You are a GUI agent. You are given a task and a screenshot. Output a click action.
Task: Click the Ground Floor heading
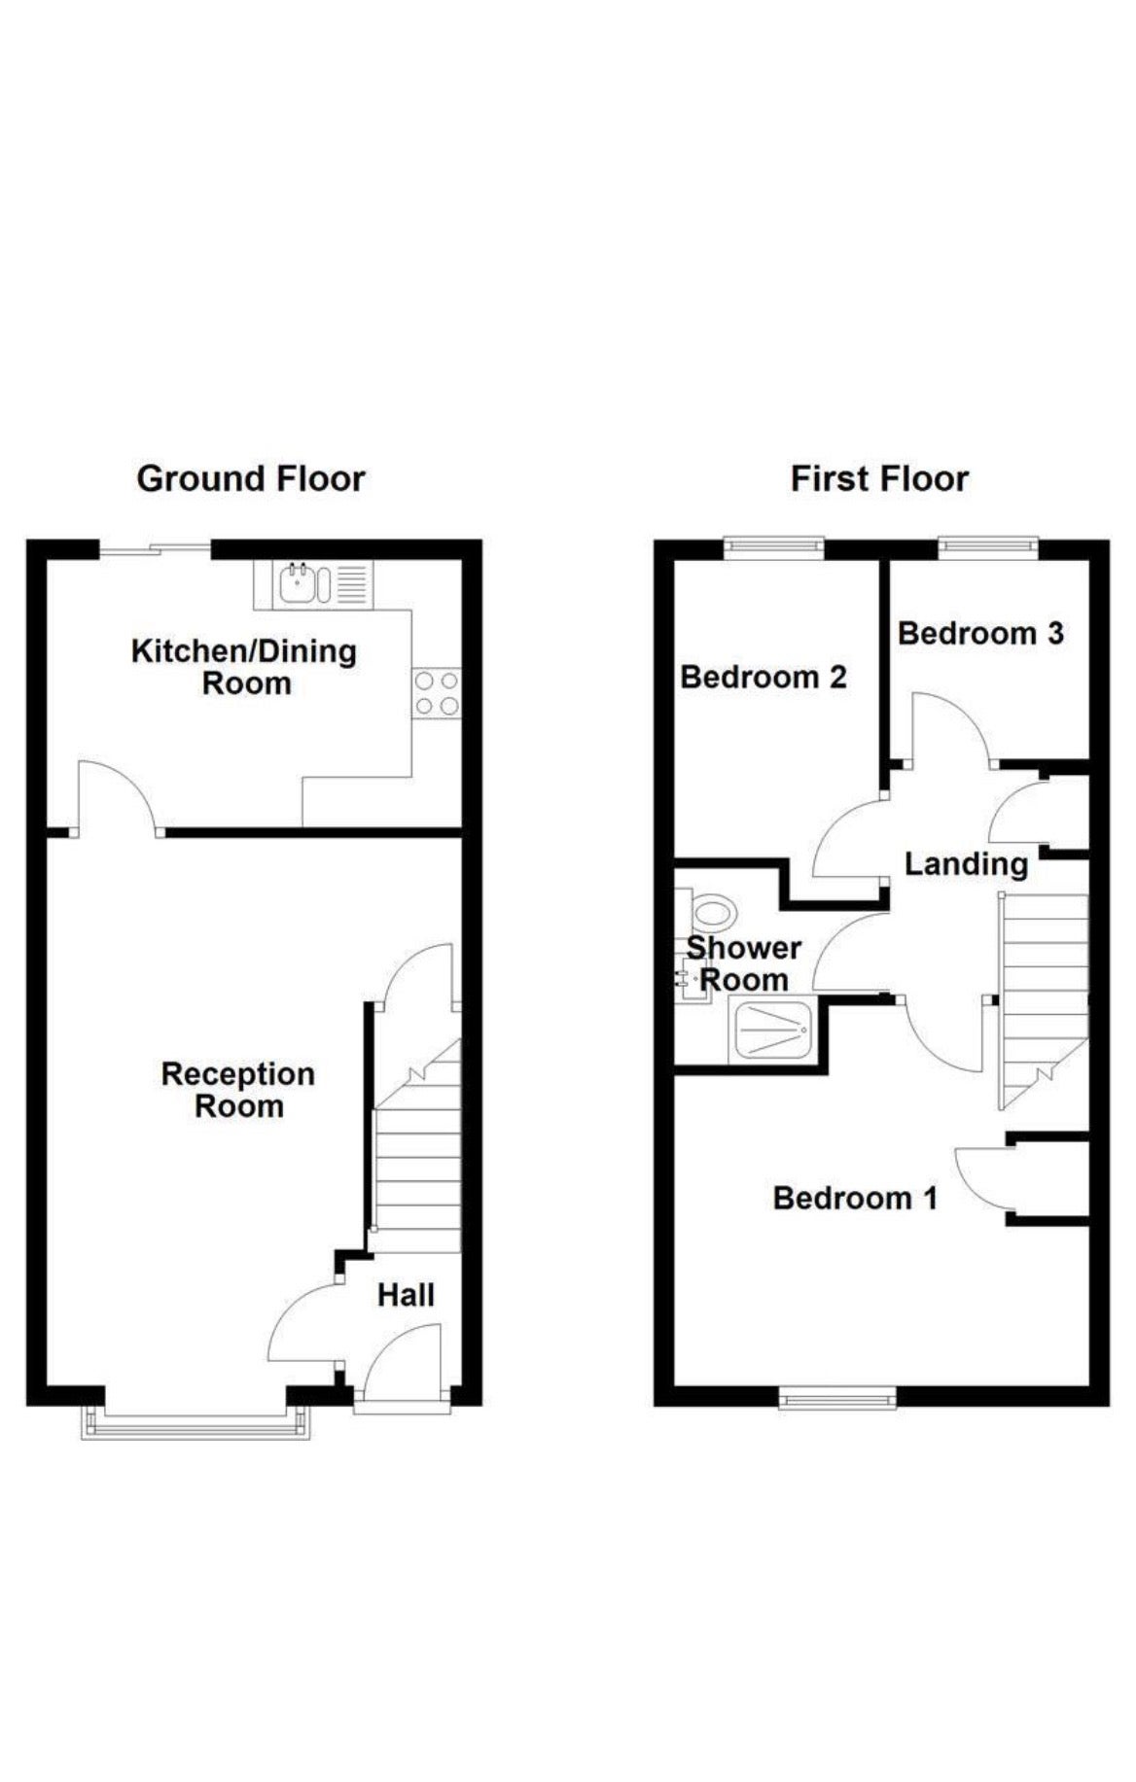(251, 478)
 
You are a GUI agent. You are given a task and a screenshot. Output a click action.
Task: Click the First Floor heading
(879, 478)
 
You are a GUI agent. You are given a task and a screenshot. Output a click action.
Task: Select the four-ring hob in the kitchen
(437, 693)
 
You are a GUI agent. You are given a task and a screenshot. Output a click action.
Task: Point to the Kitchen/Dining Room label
(244, 667)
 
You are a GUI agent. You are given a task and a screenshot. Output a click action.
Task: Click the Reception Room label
(238, 1090)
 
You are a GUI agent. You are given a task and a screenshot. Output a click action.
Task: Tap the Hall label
(406, 1295)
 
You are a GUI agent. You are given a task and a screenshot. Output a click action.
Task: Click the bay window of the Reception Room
(196, 1420)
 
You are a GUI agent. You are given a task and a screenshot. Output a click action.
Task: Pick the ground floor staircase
(417, 1147)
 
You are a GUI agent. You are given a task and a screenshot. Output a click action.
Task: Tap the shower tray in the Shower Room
(773, 1031)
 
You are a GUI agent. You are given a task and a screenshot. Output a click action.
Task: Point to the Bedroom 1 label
(855, 1198)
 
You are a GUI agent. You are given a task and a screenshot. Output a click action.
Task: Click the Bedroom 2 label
(763, 677)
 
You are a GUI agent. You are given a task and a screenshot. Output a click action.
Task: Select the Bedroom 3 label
(980, 634)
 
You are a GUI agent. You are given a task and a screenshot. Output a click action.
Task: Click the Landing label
(966, 864)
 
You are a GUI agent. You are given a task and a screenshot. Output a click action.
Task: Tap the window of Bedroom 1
(837, 1399)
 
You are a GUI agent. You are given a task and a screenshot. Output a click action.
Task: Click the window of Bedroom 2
(774, 547)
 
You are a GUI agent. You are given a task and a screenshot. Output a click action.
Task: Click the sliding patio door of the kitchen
(156, 550)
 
